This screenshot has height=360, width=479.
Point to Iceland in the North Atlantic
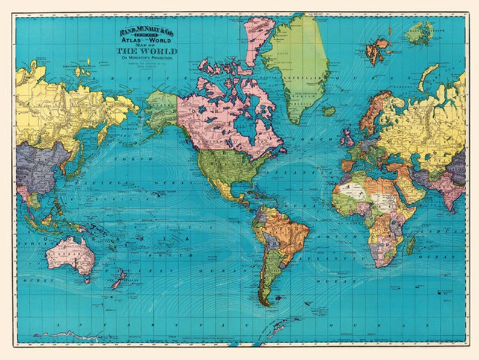click(328, 111)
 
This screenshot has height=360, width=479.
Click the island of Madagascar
click(411, 245)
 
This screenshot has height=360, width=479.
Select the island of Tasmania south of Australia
click(87, 279)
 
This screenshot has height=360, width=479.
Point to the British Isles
click(349, 139)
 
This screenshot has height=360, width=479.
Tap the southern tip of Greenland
click(295, 121)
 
